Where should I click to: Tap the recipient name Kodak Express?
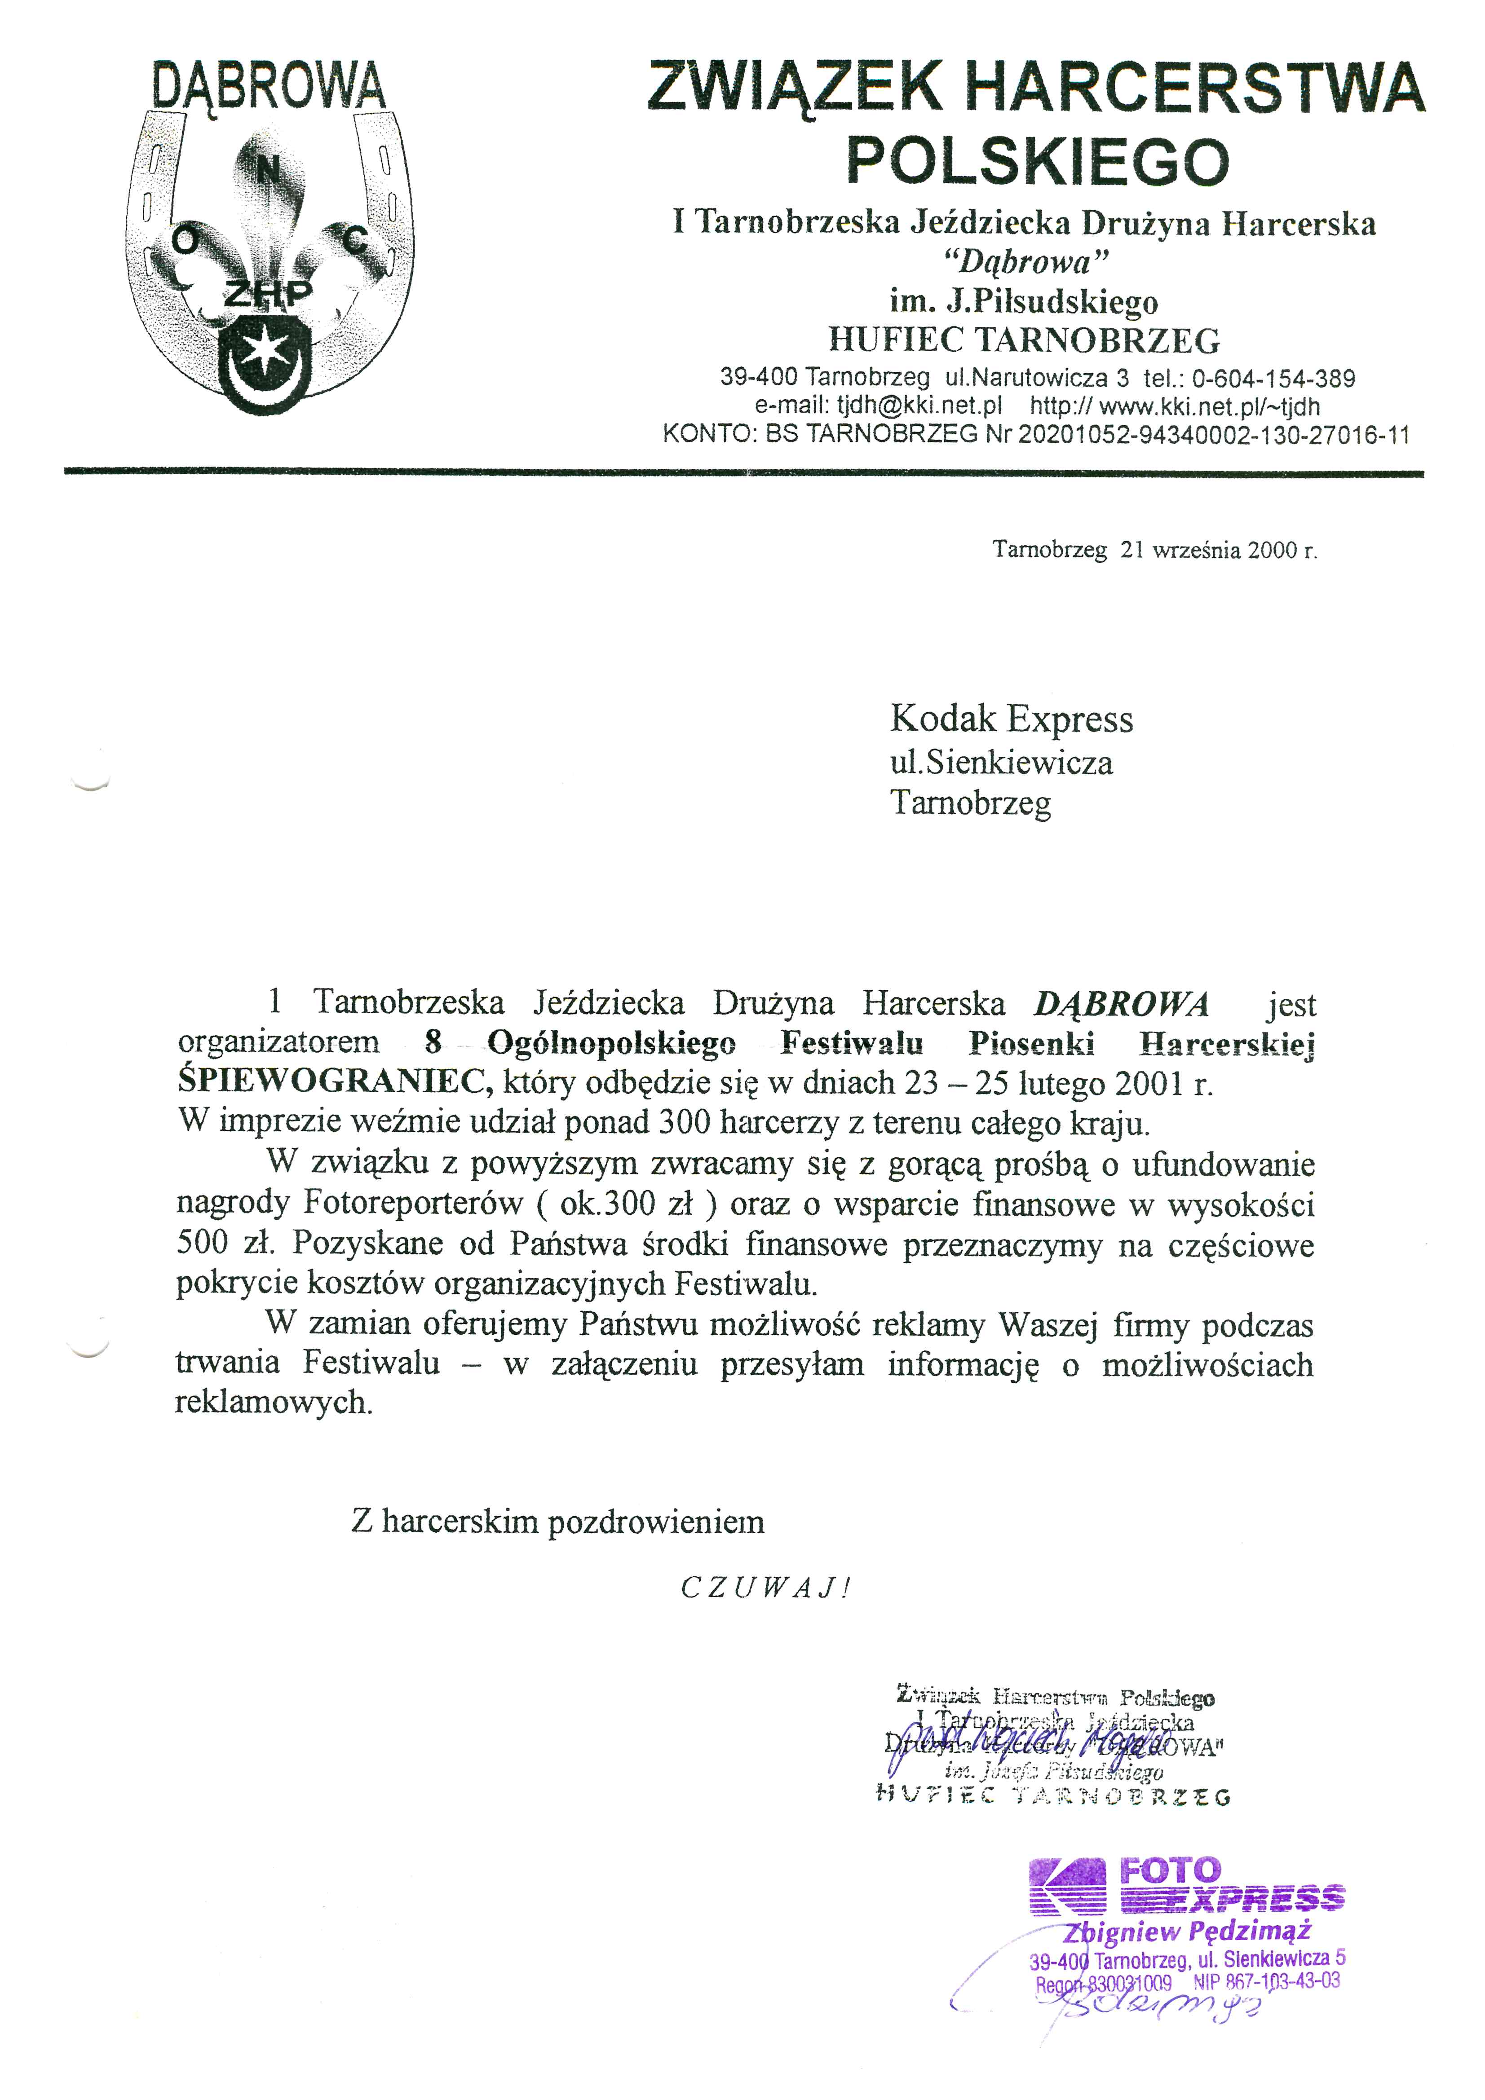click(x=1011, y=720)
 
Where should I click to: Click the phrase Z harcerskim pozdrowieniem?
click(x=557, y=1522)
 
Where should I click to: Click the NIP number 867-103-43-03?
click(x=1266, y=1981)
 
